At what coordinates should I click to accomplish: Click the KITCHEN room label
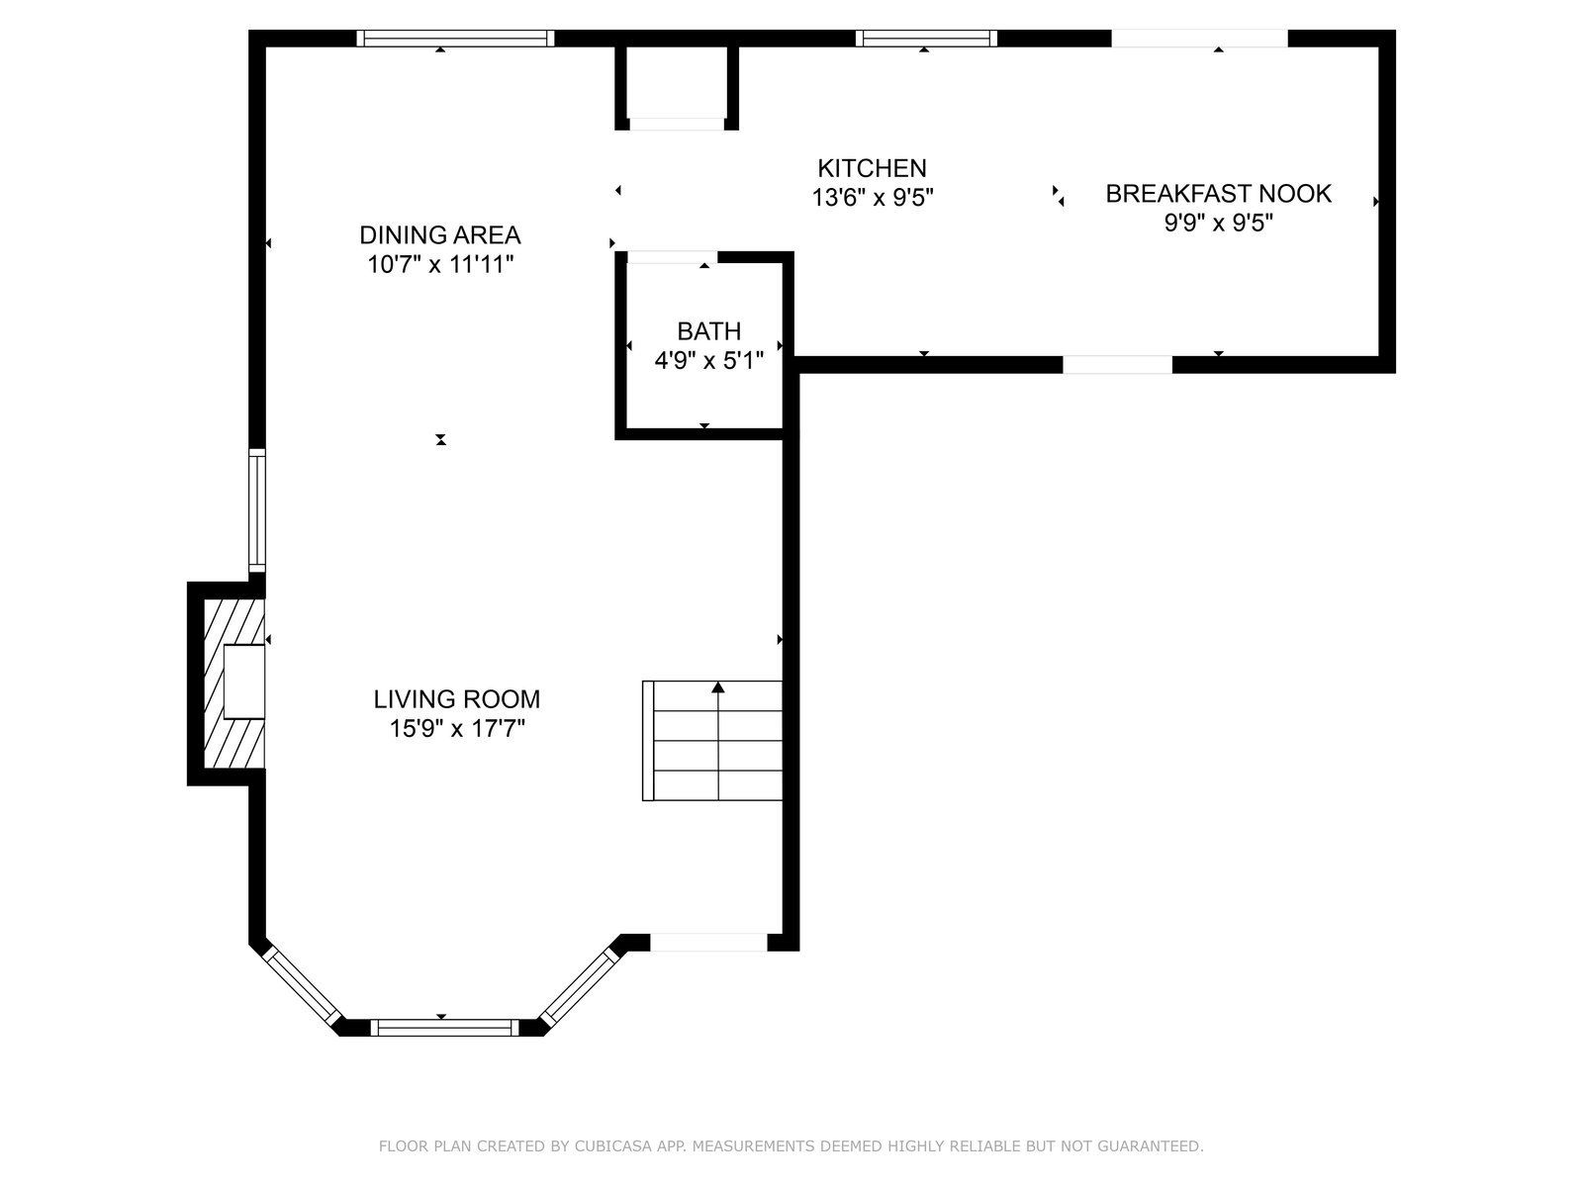(872, 168)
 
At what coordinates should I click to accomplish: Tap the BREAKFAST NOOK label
(1218, 194)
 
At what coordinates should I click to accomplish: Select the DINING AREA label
(440, 235)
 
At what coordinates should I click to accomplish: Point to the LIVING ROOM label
(456, 699)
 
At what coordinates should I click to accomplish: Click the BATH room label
(709, 330)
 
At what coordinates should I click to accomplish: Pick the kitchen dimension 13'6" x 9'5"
(873, 197)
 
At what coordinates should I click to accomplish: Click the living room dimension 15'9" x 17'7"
(457, 729)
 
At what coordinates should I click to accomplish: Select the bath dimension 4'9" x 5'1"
(709, 360)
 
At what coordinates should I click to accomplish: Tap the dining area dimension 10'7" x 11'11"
(440, 264)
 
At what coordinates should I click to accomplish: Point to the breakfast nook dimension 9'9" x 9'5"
(1219, 223)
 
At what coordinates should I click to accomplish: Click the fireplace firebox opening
(243, 682)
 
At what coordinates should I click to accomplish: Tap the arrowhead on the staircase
(717, 687)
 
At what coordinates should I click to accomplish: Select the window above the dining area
(455, 39)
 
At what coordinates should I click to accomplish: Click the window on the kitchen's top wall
(926, 39)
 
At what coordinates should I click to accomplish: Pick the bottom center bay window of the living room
(444, 1027)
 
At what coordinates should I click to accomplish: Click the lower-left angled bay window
(302, 986)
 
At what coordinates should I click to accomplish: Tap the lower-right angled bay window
(581, 986)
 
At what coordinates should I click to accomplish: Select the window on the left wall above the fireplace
(256, 510)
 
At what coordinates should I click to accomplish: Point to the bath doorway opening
(673, 257)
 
